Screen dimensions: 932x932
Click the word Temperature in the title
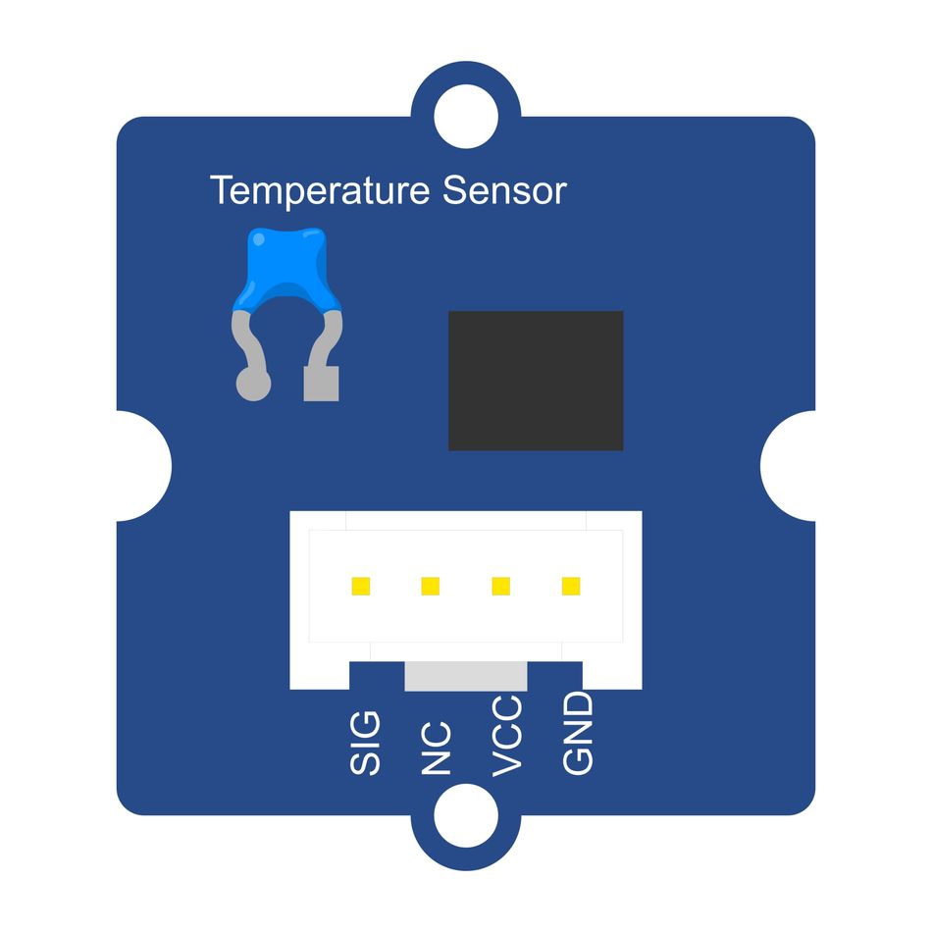320,191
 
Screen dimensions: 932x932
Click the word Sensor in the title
504,190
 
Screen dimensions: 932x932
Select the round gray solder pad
254,384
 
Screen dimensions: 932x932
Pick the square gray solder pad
321,384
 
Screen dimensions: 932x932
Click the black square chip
536,381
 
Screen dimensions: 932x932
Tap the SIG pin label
364,743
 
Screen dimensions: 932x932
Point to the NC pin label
436,749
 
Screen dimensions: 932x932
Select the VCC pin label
507,736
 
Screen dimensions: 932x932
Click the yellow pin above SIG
361,586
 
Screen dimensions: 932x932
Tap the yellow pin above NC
431,586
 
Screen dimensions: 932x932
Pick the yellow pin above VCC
501,586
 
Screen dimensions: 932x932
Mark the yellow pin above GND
571,586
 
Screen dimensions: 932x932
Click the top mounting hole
466,117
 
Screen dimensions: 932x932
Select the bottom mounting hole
466,815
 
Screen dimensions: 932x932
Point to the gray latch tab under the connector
466,676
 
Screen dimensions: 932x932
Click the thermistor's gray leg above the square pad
324,338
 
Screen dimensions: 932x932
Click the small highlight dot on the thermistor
259,239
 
